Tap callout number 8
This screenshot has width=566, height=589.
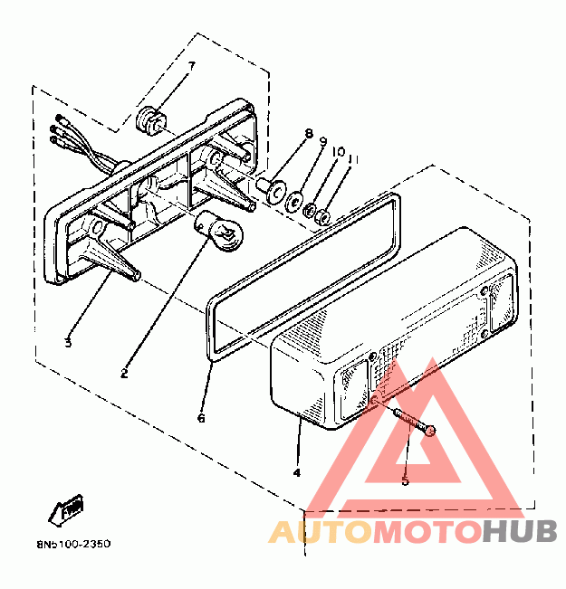pyautogui.click(x=309, y=135)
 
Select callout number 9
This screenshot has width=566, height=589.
pyautogui.click(x=323, y=142)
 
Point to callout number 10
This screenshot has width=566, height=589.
pyautogui.click(x=338, y=151)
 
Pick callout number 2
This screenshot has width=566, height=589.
pyautogui.click(x=124, y=373)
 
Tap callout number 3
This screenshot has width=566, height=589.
pyautogui.click(x=67, y=341)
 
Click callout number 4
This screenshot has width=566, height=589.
pyautogui.click(x=296, y=471)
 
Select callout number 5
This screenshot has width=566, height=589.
pyautogui.click(x=405, y=480)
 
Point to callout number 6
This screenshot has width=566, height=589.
pyautogui.click(x=202, y=418)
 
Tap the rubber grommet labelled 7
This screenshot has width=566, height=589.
pyautogui.click(x=150, y=119)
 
